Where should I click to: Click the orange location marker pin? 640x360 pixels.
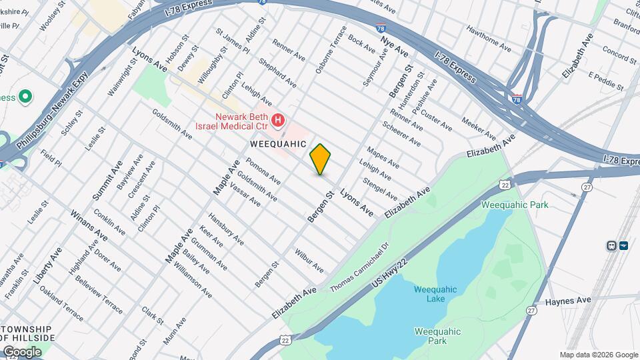pos(320,159)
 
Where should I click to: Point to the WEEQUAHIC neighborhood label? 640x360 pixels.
pos(277,143)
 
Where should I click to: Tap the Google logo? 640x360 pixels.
pos(22,351)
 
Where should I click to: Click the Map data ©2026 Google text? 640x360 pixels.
pos(598,355)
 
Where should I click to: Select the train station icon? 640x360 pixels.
pos(611,245)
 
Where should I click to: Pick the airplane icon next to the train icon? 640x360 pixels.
pos(624,245)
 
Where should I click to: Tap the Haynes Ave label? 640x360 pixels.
pos(568,301)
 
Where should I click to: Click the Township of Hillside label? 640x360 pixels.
pos(27,334)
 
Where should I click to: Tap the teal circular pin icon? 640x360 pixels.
pos(25,97)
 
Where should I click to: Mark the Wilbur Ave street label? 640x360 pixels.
pos(309,261)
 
